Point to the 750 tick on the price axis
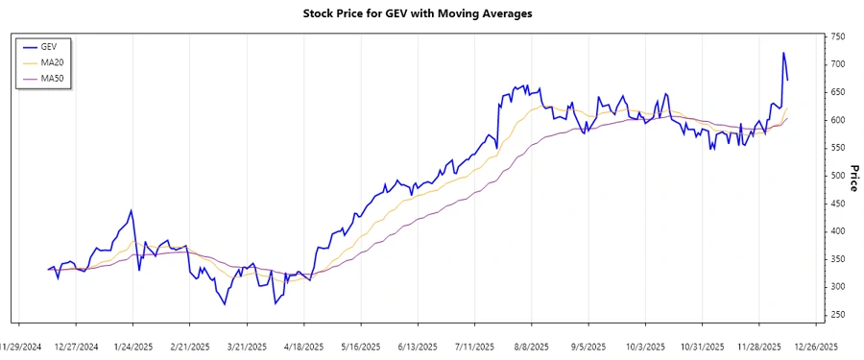pos(837,36)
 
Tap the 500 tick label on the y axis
pos(837,176)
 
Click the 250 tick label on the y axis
pos(837,315)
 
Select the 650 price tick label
pos(837,92)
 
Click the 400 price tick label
pos(837,231)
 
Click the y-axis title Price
pos(852,176)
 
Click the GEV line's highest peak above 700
pos(783,53)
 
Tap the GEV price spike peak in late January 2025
pos(132,210)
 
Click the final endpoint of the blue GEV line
pos(787,80)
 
